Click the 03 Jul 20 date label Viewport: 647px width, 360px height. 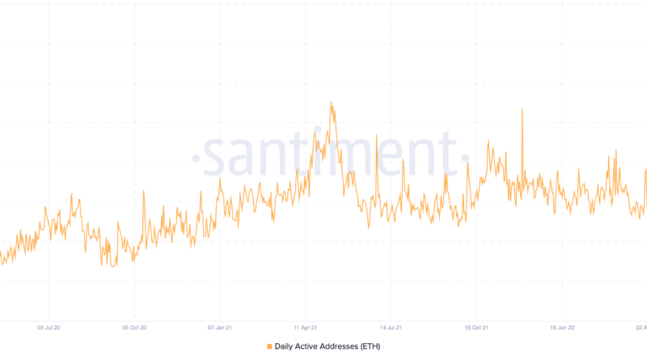(49, 328)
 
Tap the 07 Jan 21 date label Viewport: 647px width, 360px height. (219, 328)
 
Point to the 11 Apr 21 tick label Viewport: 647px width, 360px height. (305, 328)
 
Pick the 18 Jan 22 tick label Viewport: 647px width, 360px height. (562, 328)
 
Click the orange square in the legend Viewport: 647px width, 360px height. (269, 346)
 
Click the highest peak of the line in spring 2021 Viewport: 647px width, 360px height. (331, 103)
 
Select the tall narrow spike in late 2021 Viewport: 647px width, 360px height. (522, 109)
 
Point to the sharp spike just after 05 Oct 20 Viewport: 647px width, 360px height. (143, 191)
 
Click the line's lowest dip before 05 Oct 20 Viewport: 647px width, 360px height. (113, 266)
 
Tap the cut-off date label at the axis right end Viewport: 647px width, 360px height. (641, 328)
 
